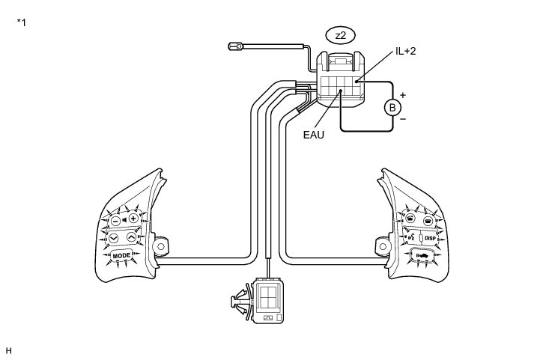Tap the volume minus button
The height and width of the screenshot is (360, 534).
115,221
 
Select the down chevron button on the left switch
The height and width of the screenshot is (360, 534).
115,238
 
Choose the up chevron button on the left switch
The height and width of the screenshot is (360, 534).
131,237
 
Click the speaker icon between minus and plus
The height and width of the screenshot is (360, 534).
124,220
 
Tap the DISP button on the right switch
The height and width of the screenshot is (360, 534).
431,238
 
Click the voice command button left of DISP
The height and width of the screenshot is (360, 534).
410,237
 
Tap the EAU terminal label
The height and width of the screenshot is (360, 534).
314,136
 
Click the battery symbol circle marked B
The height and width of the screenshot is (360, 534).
391,108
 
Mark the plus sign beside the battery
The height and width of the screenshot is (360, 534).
402,95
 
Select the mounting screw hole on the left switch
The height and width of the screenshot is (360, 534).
160,246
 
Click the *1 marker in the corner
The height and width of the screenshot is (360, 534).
22,22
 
